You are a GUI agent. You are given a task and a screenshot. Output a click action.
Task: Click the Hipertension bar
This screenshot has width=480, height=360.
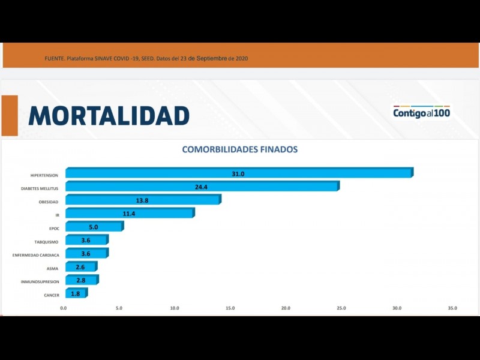click(239, 173)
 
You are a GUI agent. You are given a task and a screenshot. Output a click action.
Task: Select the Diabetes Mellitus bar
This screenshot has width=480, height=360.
click(202, 187)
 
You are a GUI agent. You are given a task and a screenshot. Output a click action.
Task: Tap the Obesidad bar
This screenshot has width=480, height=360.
click(143, 200)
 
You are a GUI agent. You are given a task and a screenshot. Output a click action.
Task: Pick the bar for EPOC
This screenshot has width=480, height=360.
click(94, 227)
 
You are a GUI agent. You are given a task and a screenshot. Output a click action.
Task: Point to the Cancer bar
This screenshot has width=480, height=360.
click(76, 293)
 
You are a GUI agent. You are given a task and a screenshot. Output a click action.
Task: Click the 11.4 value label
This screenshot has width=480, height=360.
click(129, 214)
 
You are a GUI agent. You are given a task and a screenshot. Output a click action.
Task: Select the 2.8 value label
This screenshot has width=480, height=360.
click(81, 280)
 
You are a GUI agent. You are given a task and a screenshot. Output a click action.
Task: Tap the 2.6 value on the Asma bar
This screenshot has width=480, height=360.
click(80, 267)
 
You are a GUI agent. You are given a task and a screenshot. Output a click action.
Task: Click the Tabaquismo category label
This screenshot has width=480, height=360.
click(46, 242)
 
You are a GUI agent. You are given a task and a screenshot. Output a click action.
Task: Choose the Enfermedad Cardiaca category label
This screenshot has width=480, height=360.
click(35, 255)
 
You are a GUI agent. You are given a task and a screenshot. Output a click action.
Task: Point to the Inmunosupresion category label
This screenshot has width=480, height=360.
click(40, 282)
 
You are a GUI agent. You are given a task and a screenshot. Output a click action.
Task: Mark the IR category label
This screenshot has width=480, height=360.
click(57, 215)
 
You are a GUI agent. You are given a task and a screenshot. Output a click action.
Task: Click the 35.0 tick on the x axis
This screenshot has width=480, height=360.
click(452, 308)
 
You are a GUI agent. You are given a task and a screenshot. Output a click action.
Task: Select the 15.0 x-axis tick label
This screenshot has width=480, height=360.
click(230, 308)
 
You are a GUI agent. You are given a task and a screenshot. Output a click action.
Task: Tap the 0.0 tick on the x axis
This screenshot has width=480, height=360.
click(64, 308)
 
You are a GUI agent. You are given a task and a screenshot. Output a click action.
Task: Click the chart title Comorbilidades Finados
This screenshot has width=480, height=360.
click(239, 149)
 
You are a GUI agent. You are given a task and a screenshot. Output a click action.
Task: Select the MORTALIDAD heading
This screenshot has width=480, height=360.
click(109, 116)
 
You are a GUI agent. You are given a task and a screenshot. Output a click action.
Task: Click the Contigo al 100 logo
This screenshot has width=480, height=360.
click(421, 112)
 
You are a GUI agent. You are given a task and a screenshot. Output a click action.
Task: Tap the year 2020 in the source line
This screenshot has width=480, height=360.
click(242, 59)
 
